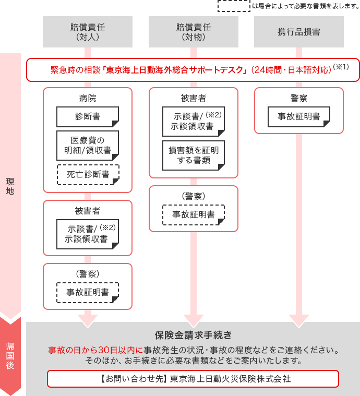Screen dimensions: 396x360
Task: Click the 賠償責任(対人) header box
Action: pos(88,32)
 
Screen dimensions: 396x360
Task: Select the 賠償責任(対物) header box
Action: pos(194,32)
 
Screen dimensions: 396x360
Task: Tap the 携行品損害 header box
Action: pos(299,32)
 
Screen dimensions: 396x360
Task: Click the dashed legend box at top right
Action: pos(234,6)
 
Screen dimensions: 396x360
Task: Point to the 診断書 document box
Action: pos(88,116)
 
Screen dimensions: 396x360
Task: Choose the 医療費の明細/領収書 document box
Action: pos(88,146)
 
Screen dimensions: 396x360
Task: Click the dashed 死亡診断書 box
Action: pos(88,175)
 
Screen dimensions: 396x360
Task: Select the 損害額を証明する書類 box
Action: pos(194,155)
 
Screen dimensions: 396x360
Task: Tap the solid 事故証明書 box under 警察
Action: pos(299,116)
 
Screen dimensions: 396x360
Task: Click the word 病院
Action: pos(88,99)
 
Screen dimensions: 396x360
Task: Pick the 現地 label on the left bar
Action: pos(10,186)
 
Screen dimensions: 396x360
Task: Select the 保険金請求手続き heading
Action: pos(193,334)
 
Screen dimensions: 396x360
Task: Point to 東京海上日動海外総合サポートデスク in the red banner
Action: pos(175,70)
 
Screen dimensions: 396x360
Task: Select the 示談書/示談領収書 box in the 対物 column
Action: pos(194,121)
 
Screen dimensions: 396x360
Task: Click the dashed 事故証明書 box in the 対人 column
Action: pos(88,292)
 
